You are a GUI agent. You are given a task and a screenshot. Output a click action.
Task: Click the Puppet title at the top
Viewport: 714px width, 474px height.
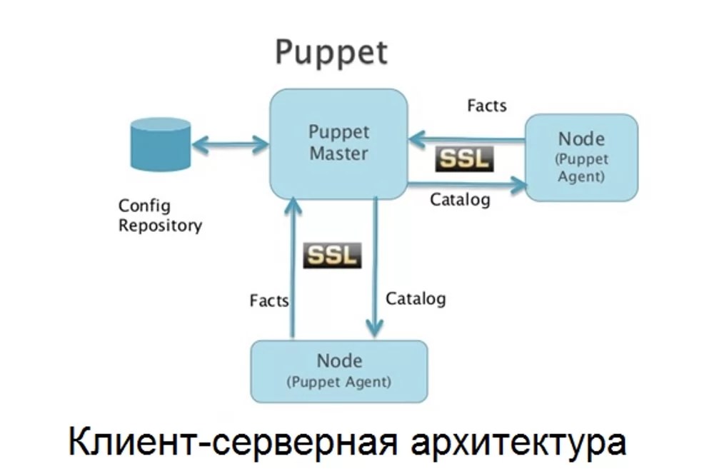pyautogui.click(x=332, y=53)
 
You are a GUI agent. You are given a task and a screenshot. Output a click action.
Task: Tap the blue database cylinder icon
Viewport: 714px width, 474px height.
pyautogui.click(x=161, y=146)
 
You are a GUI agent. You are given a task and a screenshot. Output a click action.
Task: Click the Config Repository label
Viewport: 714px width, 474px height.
pyautogui.click(x=160, y=216)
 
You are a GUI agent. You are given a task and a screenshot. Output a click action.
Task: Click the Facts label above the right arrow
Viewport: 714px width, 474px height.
pyautogui.click(x=486, y=106)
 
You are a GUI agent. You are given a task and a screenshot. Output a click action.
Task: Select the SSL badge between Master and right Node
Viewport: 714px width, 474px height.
pyautogui.click(x=464, y=159)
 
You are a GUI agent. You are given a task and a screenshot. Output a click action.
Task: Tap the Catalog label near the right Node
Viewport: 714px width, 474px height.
pyautogui.click(x=460, y=200)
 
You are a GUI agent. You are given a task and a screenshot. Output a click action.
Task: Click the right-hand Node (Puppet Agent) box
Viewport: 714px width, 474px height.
pyautogui.click(x=581, y=156)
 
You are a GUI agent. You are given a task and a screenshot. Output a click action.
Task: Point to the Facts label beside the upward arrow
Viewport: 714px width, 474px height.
pyautogui.click(x=269, y=300)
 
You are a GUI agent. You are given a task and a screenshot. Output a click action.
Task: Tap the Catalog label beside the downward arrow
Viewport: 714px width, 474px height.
pyautogui.click(x=416, y=298)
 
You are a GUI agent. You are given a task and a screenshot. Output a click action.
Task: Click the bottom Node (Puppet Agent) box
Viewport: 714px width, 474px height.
pyautogui.click(x=338, y=370)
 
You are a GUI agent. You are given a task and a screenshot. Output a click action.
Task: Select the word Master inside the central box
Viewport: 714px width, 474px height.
pyautogui.click(x=338, y=153)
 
